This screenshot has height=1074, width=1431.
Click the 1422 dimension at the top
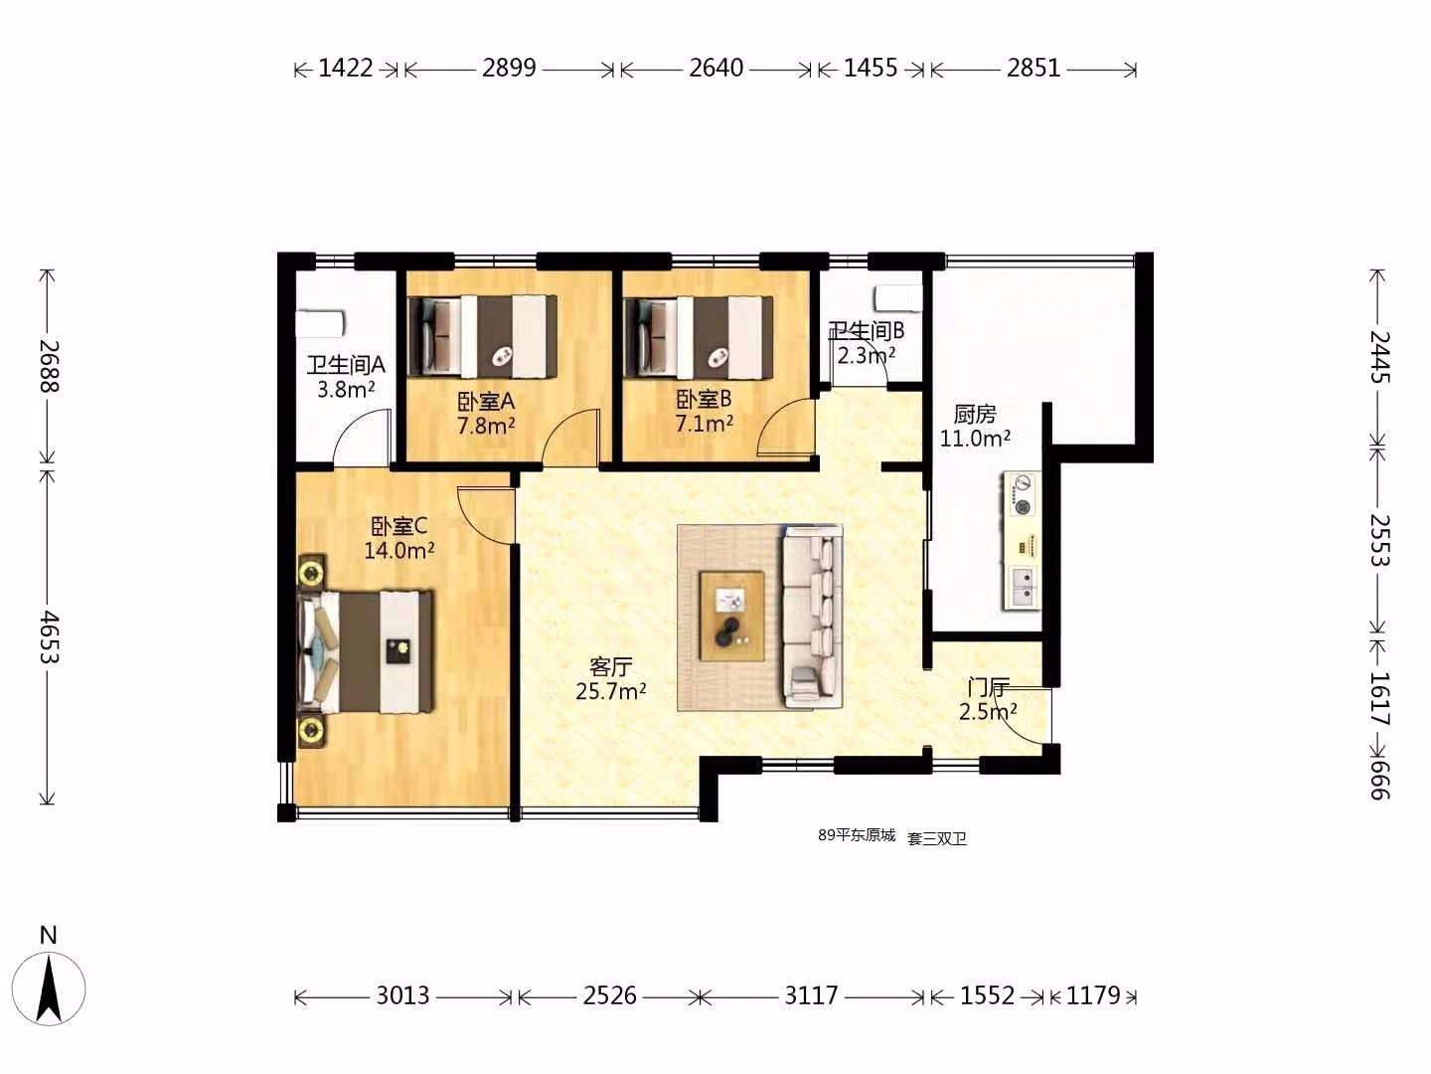tap(345, 68)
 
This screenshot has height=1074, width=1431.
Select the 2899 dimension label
tap(509, 68)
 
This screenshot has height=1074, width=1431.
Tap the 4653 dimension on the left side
tap(49, 636)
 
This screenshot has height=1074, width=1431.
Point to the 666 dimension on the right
tap(1379, 780)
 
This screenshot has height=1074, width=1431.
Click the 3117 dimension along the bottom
tap(810, 995)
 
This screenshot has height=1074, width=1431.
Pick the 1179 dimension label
tap(1093, 995)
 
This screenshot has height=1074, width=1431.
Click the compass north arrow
tap(49, 987)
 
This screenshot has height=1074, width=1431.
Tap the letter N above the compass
tap(49, 935)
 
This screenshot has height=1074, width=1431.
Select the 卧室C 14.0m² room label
tap(398, 538)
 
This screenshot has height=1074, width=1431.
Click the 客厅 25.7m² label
tap(611, 679)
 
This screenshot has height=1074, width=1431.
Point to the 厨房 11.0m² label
tap(975, 426)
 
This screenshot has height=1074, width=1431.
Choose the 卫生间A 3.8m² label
tap(346, 377)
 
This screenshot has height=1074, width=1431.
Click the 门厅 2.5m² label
tap(988, 699)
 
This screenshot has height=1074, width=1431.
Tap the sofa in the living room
tap(812, 618)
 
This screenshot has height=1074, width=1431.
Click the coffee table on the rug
tap(731, 617)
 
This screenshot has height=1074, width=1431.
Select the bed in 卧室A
tap(483, 337)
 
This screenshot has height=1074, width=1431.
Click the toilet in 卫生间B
tap(898, 298)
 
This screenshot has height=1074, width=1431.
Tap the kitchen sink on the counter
tap(1022, 587)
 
